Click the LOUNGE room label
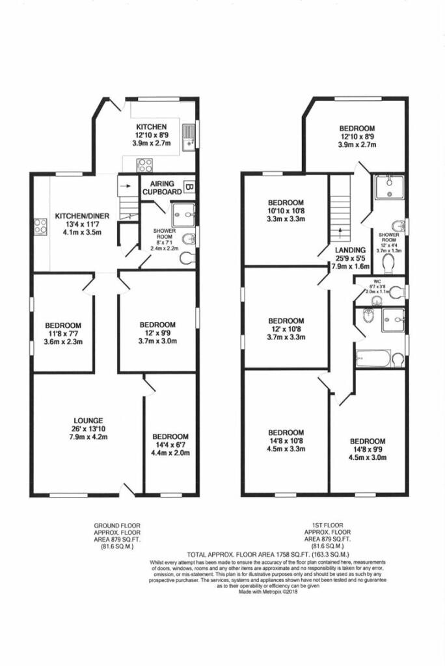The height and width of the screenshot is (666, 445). (88, 420)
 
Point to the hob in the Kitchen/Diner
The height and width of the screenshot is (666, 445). (41, 228)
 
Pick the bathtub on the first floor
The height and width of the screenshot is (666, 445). (373, 359)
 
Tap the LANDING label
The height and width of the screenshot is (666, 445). (350, 250)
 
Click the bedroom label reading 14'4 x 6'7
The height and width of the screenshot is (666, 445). (170, 436)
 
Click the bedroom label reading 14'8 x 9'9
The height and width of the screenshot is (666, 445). (368, 441)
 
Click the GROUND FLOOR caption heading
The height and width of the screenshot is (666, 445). (117, 525)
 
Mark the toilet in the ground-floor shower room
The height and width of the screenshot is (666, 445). (187, 258)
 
